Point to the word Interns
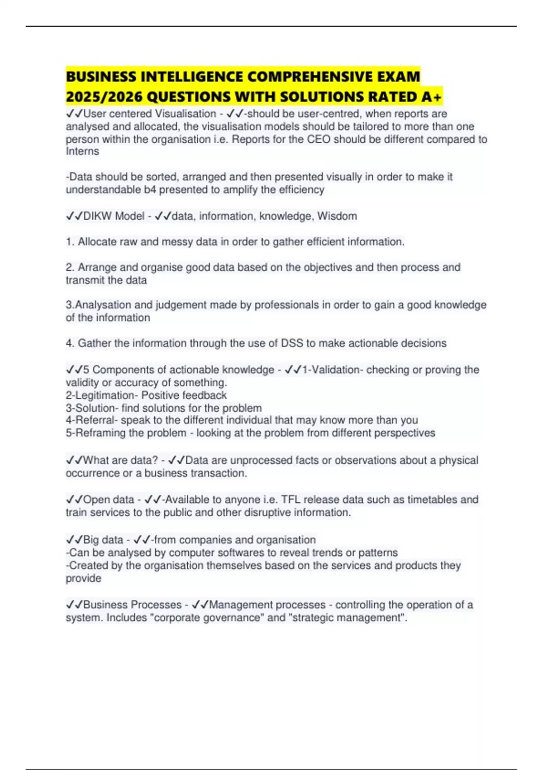tap(82, 151)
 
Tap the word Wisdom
tap(337, 216)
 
